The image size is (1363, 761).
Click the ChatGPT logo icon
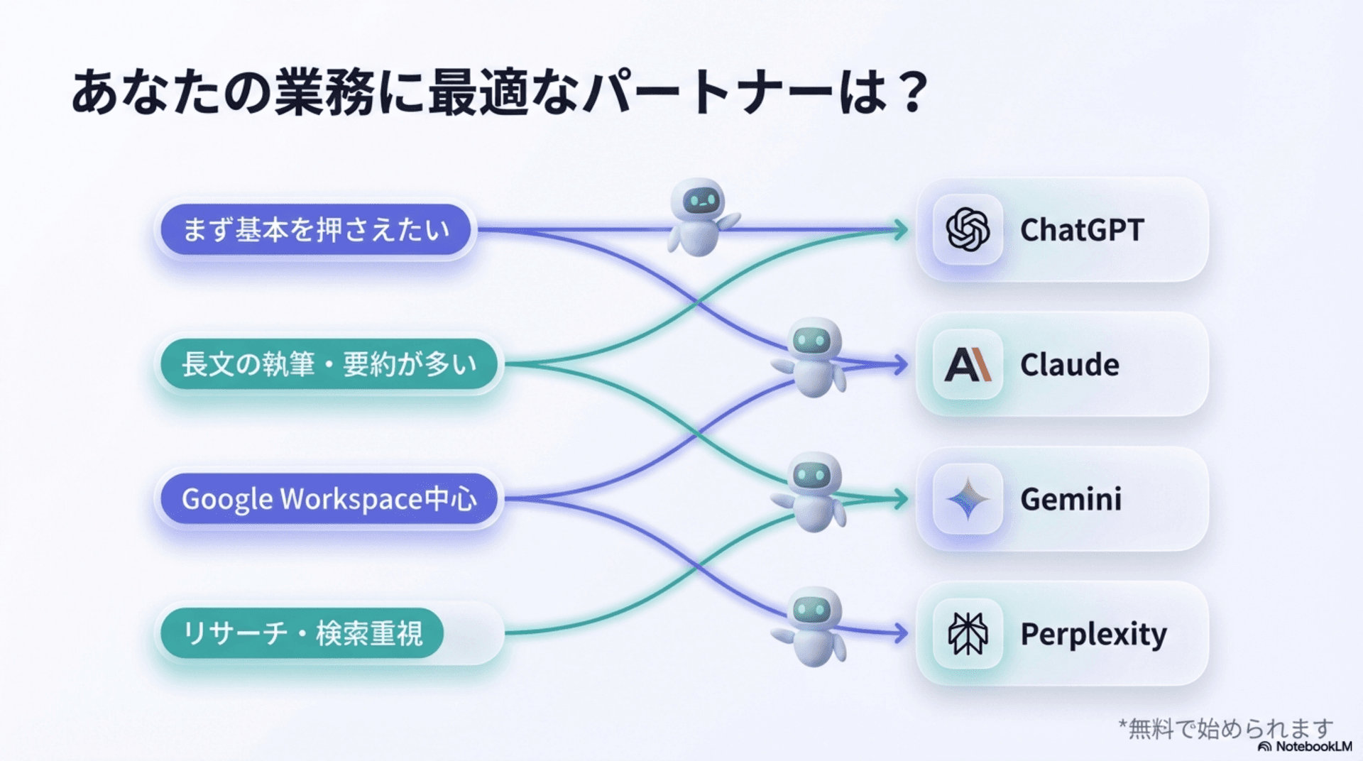coord(968,229)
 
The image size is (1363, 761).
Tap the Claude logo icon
coord(968,364)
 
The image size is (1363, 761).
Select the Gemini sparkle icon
coord(968,499)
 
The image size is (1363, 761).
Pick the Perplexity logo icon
coord(968,633)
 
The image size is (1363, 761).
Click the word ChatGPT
coord(1082,230)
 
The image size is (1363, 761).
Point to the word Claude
coord(1070,365)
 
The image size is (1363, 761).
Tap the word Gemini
coord(1071,499)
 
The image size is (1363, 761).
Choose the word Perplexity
coord(1093,634)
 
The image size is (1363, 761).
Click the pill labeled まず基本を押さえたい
coord(316,229)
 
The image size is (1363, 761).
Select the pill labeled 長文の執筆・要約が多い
coord(329,364)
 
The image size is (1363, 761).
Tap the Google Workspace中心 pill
coord(329,499)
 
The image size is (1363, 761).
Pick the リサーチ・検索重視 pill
coord(302,633)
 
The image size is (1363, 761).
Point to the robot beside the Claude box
coord(812,357)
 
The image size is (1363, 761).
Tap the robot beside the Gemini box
coord(812,492)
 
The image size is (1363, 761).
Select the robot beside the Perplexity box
coord(812,626)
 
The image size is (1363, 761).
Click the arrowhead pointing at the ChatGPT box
coord(902,229)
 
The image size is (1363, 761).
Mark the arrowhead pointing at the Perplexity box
coord(902,633)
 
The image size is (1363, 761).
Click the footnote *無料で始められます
coord(1226,728)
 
